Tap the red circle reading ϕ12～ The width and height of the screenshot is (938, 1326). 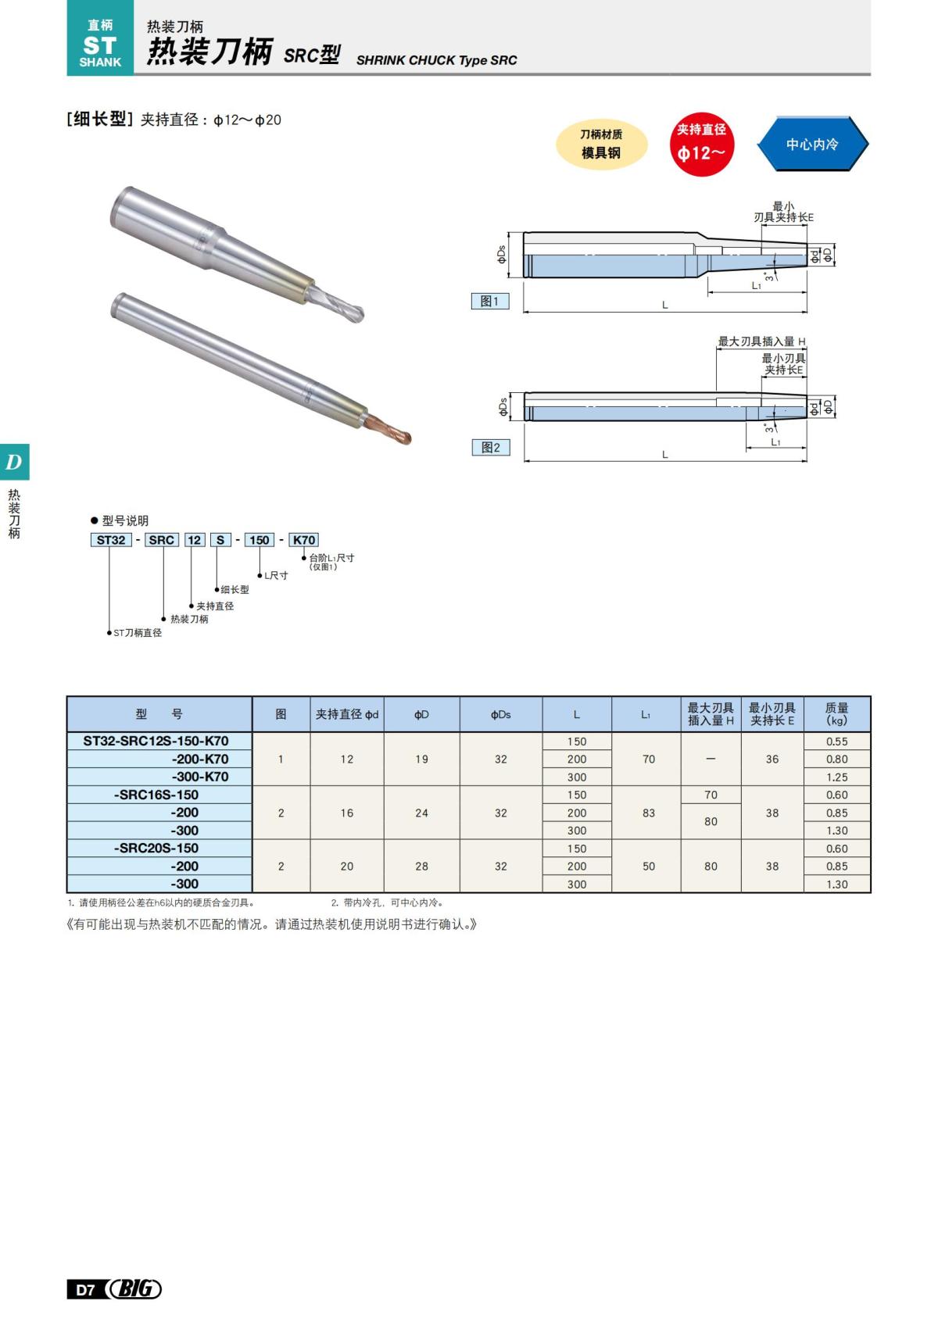[x=701, y=144]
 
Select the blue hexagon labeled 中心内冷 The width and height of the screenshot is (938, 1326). [x=812, y=145]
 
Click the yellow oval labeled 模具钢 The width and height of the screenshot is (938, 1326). [x=601, y=145]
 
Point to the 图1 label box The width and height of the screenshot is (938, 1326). [x=490, y=301]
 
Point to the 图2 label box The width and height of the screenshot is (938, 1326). [x=490, y=447]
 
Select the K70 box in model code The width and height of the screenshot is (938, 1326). [x=304, y=540]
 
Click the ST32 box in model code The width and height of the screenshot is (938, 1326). [x=111, y=540]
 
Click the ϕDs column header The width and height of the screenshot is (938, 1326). [x=500, y=714]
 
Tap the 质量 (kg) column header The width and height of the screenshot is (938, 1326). [x=836, y=714]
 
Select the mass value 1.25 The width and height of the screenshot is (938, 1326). [x=836, y=777]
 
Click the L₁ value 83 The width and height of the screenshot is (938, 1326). [x=648, y=813]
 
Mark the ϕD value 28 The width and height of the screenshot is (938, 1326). [x=421, y=866]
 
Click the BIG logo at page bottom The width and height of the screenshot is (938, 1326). [x=135, y=1288]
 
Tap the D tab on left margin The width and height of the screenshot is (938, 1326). [x=14, y=462]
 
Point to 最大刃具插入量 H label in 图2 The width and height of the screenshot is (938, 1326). [x=761, y=341]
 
